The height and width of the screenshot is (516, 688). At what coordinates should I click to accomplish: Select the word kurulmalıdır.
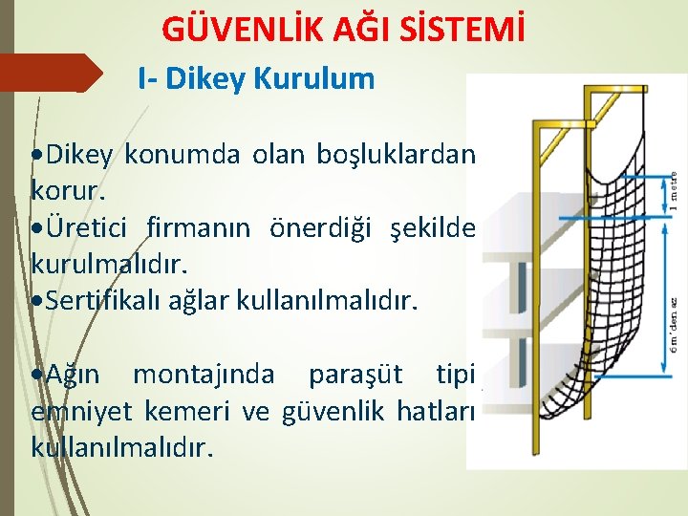[100, 263]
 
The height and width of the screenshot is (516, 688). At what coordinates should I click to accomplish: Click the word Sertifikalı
[108, 302]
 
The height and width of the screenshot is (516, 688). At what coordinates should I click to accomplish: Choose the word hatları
[437, 412]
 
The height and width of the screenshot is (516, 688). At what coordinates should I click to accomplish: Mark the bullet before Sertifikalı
[38, 303]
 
